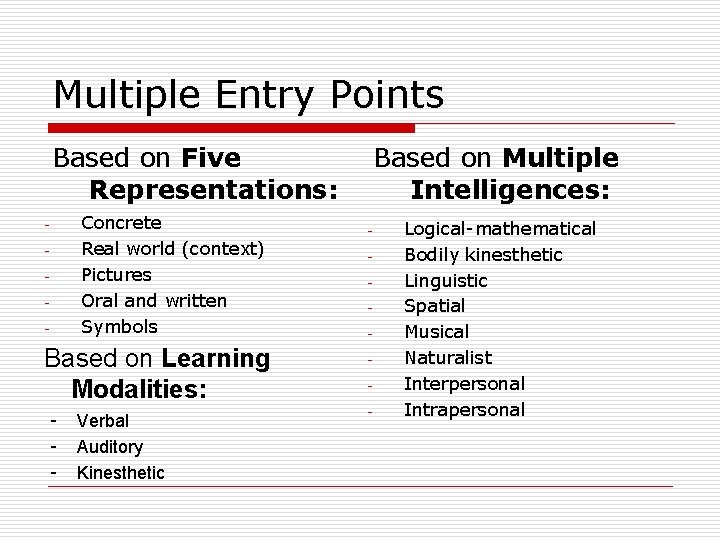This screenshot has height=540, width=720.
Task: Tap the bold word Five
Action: click(x=211, y=158)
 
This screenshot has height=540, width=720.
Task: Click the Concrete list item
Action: click(x=121, y=223)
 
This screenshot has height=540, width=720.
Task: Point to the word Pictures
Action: click(x=116, y=275)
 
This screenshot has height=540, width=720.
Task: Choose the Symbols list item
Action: click(x=119, y=327)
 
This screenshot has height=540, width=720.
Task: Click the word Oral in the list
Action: click(x=99, y=301)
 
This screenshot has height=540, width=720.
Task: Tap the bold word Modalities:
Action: click(x=139, y=388)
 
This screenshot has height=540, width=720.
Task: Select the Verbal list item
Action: click(x=103, y=421)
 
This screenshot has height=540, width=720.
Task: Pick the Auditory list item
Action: click(x=110, y=447)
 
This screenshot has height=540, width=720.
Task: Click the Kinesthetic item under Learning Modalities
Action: click(x=121, y=473)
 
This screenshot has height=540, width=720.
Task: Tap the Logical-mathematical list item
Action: click(x=499, y=229)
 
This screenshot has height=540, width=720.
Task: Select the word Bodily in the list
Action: click(x=431, y=255)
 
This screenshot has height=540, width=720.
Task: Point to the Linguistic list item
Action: click(x=446, y=281)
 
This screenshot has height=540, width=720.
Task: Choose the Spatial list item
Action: click(x=434, y=306)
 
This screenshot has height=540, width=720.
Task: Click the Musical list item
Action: click(x=436, y=332)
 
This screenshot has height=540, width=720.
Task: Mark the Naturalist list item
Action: click(x=448, y=358)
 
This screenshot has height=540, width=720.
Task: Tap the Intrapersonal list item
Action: click(x=464, y=410)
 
